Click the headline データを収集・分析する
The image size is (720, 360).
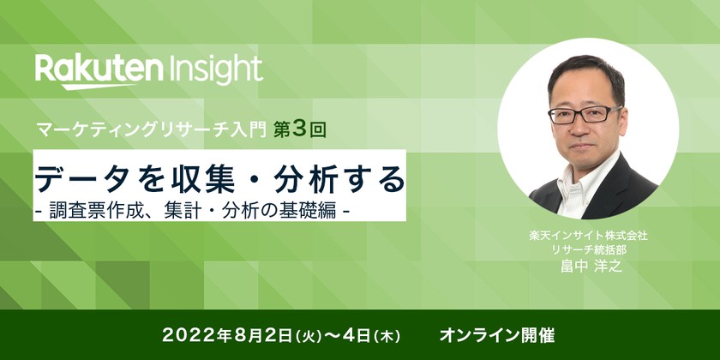219,178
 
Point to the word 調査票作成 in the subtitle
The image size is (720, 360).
87,208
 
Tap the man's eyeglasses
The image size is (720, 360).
584,113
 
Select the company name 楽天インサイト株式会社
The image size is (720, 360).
586,235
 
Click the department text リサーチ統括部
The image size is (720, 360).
586,249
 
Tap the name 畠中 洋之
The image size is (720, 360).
586,266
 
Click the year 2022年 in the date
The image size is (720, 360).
189,332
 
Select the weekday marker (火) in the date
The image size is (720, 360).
279,333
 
